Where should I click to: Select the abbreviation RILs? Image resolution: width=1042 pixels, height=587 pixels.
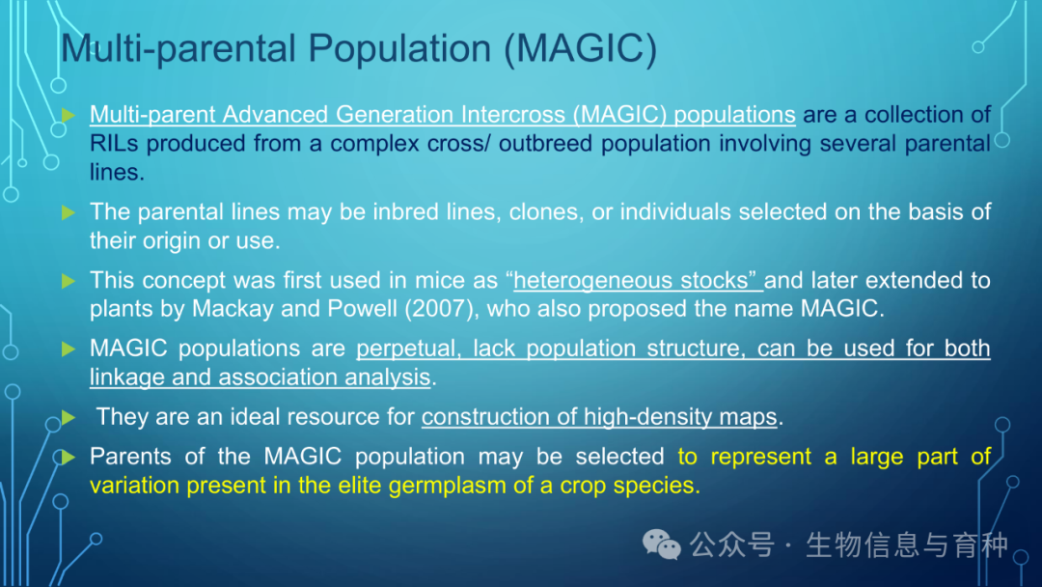point(114,143)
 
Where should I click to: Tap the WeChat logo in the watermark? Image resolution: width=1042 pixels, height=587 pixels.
point(661,545)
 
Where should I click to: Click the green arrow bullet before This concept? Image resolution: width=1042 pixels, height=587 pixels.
point(69,281)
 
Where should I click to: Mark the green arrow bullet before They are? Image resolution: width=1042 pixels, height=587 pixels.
point(69,417)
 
